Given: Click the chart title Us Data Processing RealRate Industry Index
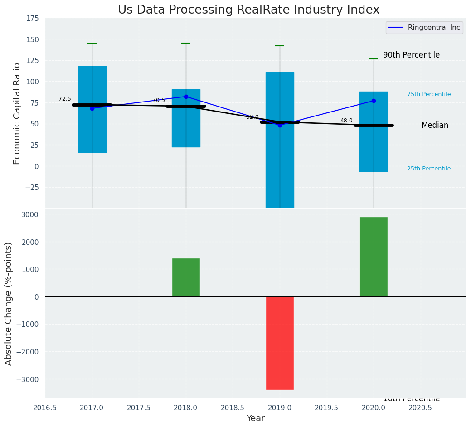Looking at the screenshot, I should pyautogui.click(x=248, y=10).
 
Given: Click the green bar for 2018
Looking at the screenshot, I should pyautogui.click(x=186, y=277).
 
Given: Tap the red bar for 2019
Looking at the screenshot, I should pyautogui.click(x=280, y=343).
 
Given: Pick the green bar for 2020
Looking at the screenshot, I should pyautogui.click(x=374, y=257).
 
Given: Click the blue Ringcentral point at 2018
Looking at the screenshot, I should pyautogui.click(x=186, y=97).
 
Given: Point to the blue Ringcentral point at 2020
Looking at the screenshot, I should pyautogui.click(x=374, y=101).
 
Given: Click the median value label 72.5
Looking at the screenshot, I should pyautogui.click(x=65, y=99).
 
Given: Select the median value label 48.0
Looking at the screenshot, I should pyautogui.click(x=346, y=121).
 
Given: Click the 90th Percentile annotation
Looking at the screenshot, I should pyautogui.click(x=411, y=55).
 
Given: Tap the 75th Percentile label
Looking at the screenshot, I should pyautogui.click(x=429, y=94).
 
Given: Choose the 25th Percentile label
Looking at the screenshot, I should pyautogui.click(x=429, y=169).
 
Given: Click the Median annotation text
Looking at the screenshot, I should pyautogui.click(x=435, y=125).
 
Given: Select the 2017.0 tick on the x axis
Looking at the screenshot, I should pyautogui.click(x=92, y=408).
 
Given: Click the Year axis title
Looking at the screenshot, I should pyautogui.click(x=256, y=418).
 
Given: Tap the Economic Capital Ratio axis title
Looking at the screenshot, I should pyautogui.click(x=17, y=113).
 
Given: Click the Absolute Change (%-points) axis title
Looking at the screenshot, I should pyautogui.click(x=9, y=303).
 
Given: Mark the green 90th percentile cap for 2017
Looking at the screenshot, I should pyautogui.click(x=92, y=44).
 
